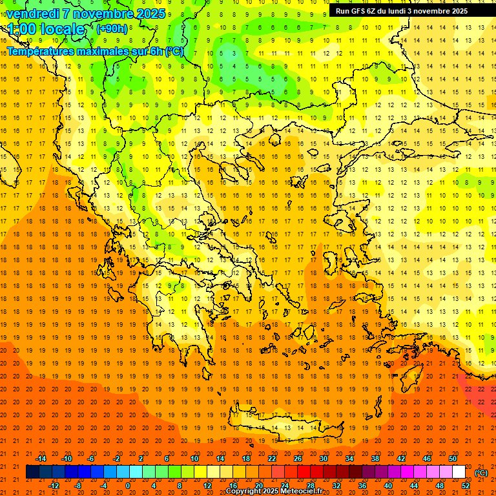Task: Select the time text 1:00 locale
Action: pos(46,30)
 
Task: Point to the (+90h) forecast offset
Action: pos(112,29)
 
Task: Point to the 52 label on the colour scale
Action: pos(466,486)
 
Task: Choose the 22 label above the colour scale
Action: pos(272,459)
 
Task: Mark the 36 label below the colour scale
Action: pos(362,486)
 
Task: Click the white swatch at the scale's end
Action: pos(459,472)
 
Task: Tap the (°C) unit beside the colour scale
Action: pos(481,473)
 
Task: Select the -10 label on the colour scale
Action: pos(66,459)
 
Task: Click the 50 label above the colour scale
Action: pos(453,459)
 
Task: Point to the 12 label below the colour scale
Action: pos(207,486)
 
